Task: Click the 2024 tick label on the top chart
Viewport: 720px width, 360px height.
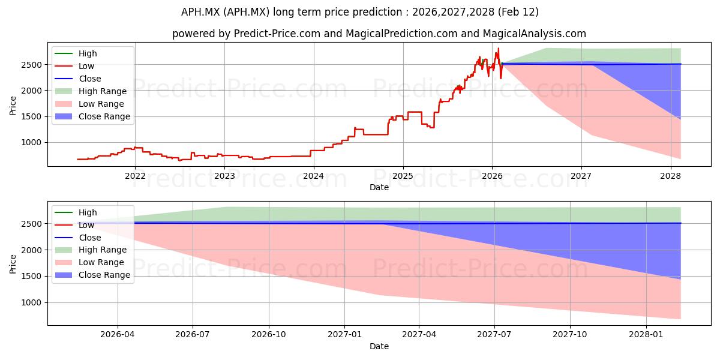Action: (x=313, y=176)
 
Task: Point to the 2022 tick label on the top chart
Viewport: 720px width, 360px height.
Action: (x=135, y=176)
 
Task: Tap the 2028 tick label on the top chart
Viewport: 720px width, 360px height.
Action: (x=670, y=176)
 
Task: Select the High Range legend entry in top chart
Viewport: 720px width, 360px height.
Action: (x=103, y=91)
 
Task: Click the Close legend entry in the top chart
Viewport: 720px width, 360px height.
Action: (x=90, y=79)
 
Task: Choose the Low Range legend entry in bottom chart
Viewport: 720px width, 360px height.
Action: (x=101, y=262)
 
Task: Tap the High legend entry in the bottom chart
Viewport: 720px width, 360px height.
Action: (x=88, y=212)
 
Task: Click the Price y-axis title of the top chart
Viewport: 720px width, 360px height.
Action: (x=13, y=106)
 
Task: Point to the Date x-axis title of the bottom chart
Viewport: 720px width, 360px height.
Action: (x=379, y=346)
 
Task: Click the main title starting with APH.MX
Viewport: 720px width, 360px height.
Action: (x=359, y=12)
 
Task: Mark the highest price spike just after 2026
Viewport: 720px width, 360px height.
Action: (x=498, y=49)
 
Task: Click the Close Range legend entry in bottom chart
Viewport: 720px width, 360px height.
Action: (x=104, y=275)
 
